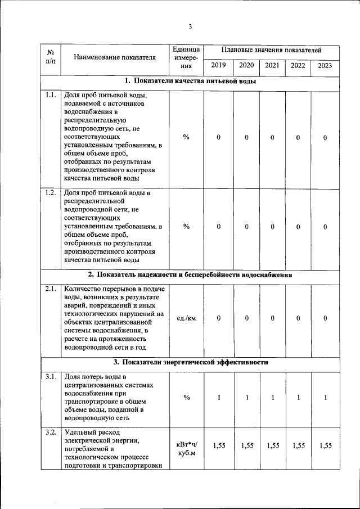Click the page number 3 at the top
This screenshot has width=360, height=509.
190,26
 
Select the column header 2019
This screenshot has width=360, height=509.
218,66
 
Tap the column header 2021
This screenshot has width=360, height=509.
272,66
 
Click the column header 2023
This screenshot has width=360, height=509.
325,66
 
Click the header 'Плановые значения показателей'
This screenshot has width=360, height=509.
271,50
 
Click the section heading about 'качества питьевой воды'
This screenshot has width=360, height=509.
190,82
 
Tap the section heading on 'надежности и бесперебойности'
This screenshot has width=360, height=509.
190,275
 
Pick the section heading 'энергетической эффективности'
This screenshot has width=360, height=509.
190,362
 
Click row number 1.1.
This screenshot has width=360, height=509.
50,95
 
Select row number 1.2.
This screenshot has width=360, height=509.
50,193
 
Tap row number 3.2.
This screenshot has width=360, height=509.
50,433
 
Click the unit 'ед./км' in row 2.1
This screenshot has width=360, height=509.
186,318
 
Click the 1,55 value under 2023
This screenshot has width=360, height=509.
325,445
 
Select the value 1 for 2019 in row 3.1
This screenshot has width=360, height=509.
218,398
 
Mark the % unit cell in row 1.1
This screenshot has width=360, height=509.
186,138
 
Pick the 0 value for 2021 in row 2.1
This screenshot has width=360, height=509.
272,318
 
